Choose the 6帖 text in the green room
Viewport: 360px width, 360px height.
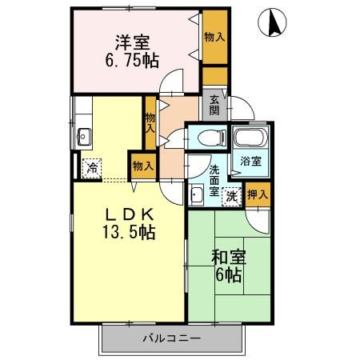coord(228,276)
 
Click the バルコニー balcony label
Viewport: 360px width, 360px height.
coord(172,338)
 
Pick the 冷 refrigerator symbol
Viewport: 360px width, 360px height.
coord(92,168)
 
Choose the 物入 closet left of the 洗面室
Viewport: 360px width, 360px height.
coord(142,166)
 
